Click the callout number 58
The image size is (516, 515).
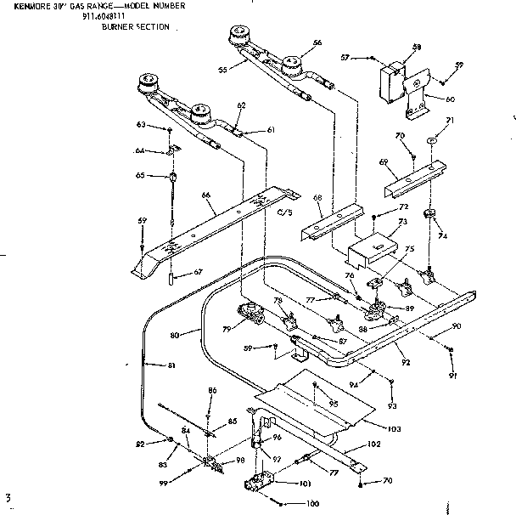[x=417, y=47]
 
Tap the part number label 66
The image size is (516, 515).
[x=206, y=195]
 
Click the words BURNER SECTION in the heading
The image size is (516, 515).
[x=135, y=27]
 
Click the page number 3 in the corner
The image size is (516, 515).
[x=8, y=495]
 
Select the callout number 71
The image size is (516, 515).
[x=450, y=122]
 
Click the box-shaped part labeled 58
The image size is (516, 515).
[x=393, y=80]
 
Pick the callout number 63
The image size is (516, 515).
[x=142, y=125]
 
